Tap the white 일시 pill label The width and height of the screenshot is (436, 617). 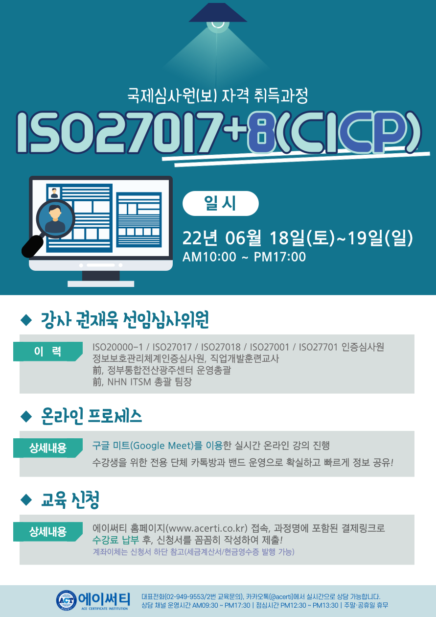(221, 203)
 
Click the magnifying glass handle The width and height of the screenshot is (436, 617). (32, 246)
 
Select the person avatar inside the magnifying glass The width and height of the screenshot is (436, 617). (55, 219)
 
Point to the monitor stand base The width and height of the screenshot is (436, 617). (101, 284)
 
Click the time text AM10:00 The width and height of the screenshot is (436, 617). (209, 257)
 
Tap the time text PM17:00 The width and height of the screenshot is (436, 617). (280, 257)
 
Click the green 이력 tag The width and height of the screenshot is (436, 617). (48, 351)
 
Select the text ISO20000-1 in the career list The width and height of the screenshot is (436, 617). (117, 347)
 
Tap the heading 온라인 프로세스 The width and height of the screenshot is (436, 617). (92, 416)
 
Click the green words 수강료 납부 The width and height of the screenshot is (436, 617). (115, 540)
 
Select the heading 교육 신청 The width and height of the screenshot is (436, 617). (70, 499)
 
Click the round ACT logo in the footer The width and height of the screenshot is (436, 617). (67, 600)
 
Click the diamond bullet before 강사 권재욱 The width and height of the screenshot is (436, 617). (26, 320)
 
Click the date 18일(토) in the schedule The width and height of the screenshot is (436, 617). (302, 238)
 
